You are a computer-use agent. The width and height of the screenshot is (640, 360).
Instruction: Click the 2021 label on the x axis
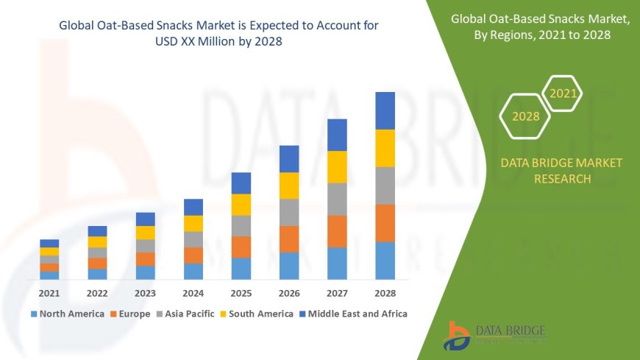point(49,293)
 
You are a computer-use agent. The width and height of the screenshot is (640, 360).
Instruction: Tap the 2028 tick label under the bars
point(385,293)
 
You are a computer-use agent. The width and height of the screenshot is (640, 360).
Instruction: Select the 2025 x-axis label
point(241,293)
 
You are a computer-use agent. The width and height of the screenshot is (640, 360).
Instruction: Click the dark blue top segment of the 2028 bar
point(385,110)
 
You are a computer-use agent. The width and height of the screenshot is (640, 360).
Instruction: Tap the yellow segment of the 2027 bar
point(337,166)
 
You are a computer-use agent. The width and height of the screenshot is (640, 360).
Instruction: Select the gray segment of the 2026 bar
point(289,212)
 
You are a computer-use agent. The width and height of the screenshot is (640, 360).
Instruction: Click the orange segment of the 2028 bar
point(385,223)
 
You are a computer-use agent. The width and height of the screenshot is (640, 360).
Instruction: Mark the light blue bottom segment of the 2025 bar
point(241,268)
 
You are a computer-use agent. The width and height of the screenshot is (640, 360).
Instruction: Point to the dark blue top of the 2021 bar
point(49,243)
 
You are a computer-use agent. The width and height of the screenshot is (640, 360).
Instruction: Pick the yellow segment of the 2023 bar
point(146,233)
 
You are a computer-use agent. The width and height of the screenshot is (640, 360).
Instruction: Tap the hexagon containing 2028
point(525,116)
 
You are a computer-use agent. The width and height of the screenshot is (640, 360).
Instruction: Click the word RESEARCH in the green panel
point(561,179)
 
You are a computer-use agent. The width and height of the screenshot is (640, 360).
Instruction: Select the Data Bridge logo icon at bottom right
point(456,336)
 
